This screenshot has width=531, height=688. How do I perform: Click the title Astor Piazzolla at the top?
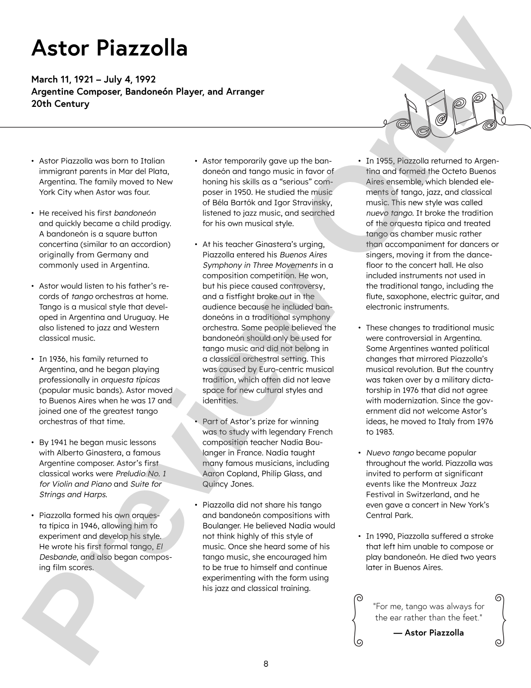[109, 48]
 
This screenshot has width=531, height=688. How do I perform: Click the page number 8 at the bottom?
[265, 664]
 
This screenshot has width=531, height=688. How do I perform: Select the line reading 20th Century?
[60, 104]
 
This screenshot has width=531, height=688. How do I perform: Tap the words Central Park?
[389, 516]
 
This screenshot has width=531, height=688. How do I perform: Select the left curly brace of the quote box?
[357, 619]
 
